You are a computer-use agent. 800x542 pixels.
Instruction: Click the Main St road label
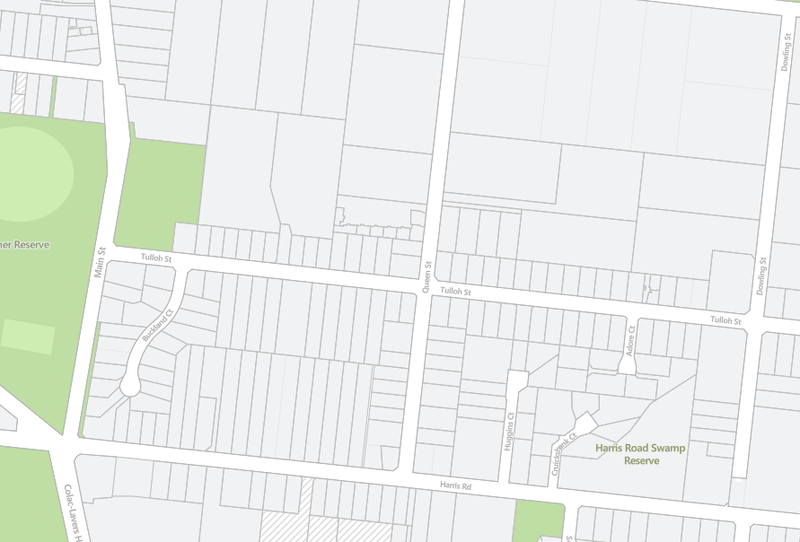point(101,262)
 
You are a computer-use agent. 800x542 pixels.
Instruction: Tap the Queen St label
point(428,277)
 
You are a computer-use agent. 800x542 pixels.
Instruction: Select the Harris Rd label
point(455,485)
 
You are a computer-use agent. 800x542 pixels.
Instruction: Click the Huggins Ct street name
point(509,430)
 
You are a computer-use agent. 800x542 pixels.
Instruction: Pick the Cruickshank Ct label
point(562,453)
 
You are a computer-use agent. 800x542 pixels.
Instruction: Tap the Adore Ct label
point(631,342)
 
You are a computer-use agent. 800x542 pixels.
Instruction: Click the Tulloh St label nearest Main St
point(155,258)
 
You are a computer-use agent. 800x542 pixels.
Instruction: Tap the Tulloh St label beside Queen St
point(455,292)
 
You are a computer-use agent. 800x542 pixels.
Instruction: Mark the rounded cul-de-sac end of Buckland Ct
point(130,387)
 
